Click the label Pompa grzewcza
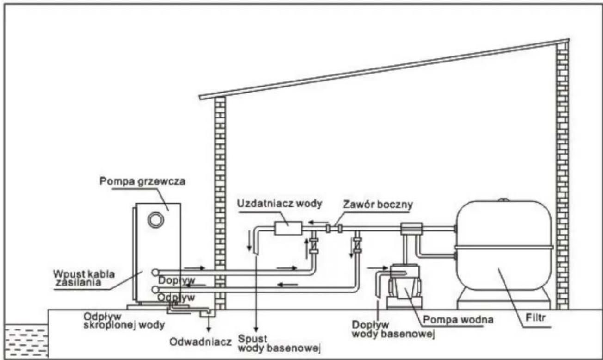(x=142, y=181)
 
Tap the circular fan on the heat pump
(x=156, y=220)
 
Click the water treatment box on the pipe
(x=287, y=228)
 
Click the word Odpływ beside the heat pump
(x=176, y=297)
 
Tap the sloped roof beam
(x=384, y=68)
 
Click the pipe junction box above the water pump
(x=412, y=228)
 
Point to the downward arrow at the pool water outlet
(x=256, y=324)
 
